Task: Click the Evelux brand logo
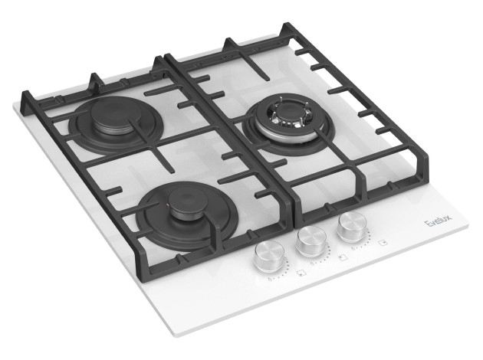pos(439,221)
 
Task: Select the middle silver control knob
pos(312,241)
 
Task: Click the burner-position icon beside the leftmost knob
pos(300,273)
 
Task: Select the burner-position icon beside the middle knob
pos(342,257)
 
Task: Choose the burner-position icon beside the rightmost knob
pos(383,243)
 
